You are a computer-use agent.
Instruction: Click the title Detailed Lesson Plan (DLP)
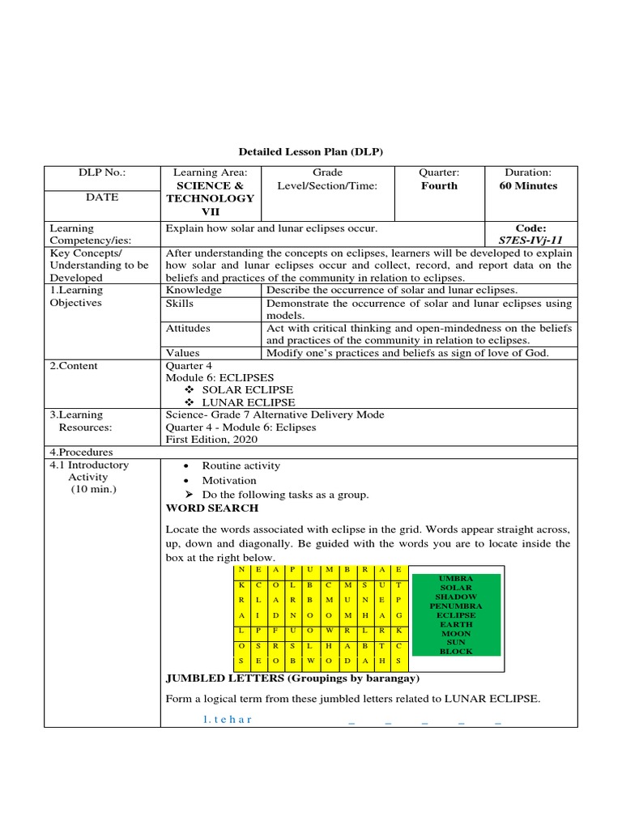tap(310, 151)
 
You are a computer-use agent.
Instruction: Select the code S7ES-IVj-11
tap(531, 240)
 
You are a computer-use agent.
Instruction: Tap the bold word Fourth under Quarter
tap(439, 185)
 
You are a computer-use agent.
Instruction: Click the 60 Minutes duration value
tap(528, 185)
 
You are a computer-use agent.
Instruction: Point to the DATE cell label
tap(102, 197)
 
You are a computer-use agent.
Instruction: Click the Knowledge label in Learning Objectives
tap(194, 290)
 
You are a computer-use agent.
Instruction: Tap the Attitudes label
tap(188, 328)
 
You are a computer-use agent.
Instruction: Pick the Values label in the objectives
tap(182, 353)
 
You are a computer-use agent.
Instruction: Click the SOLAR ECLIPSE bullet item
tap(248, 390)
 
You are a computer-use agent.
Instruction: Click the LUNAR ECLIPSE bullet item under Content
tap(248, 402)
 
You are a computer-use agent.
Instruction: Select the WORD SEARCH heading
tap(212, 508)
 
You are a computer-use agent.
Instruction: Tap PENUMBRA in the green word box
tap(456, 606)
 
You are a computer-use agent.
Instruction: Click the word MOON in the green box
tap(456, 633)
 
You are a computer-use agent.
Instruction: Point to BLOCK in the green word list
tap(456, 651)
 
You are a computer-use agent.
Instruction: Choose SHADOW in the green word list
tap(456, 597)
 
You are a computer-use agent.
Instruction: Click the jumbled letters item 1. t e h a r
tap(228, 720)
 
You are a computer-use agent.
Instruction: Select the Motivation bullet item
tap(229, 480)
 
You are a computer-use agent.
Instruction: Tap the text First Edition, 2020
tap(211, 439)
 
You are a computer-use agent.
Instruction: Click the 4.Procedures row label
tap(82, 453)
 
